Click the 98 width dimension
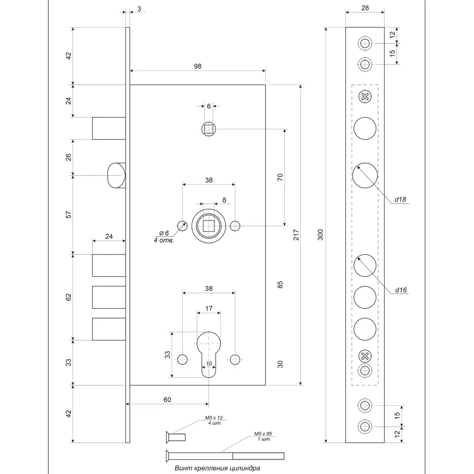point(198,66)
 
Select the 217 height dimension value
point(295,236)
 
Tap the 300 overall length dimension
point(320,235)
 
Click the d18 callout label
point(401,200)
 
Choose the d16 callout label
point(401,290)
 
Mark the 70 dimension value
point(280,177)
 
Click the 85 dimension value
point(280,285)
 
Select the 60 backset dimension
point(167,400)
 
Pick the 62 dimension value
point(68,297)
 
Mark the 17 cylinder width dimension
point(208,309)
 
